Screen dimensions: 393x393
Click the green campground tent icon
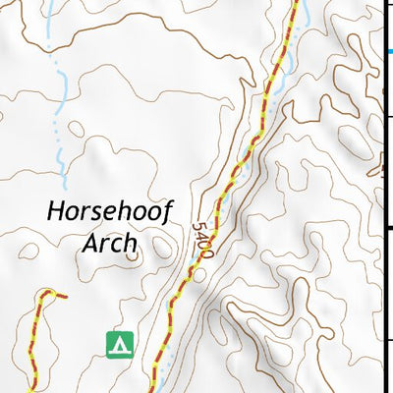point(120,344)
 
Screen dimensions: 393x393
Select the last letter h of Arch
point(130,243)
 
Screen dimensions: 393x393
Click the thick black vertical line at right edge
point(383,196)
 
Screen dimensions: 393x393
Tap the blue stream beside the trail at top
point(303,15)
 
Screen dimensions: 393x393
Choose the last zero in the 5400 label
point(207,253)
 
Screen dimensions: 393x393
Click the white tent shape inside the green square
point(120,345)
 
